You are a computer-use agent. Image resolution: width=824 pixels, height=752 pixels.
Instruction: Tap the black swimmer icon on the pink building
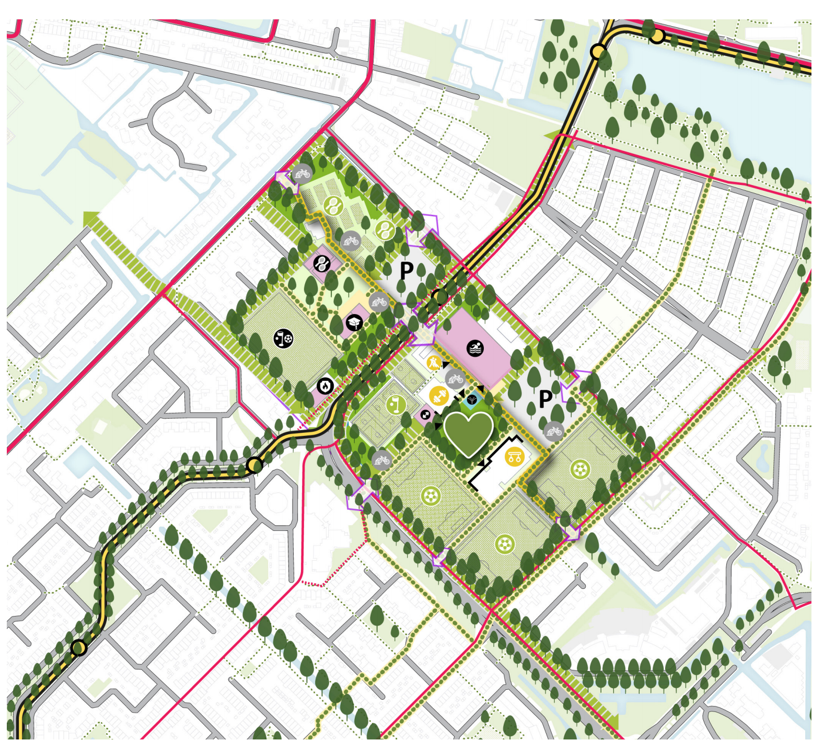(475, 348)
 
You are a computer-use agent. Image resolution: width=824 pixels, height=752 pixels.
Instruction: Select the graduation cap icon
(354, 323)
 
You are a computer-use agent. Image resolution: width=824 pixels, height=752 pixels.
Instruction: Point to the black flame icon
(325, 386)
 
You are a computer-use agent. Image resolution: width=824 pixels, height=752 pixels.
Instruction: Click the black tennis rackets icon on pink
(321, 263)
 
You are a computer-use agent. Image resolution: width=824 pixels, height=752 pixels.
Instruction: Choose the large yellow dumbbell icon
(439, 396)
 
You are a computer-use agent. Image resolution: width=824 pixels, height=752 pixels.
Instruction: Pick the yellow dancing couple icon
(434, 363)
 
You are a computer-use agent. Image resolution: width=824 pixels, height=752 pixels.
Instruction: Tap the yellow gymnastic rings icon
(514, 457)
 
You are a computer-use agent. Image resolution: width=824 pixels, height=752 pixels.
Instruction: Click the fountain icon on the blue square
(473, 400)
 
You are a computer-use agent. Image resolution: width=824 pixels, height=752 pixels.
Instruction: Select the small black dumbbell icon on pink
(425, 415)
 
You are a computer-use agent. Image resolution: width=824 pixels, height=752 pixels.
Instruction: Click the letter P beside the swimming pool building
(545, 399)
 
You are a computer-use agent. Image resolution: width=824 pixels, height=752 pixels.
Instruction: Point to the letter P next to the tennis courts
(407, 271)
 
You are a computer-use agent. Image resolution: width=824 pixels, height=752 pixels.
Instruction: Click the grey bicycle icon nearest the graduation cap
(378, 302)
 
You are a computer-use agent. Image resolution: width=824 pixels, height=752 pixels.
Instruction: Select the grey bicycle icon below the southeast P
(553, 432)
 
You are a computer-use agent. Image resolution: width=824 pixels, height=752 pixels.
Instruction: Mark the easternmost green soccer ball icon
(579, 469)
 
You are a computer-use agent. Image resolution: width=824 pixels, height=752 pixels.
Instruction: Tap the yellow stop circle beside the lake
(656, 36)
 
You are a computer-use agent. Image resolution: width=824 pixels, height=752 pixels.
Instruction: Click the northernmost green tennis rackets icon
(331, 205)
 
